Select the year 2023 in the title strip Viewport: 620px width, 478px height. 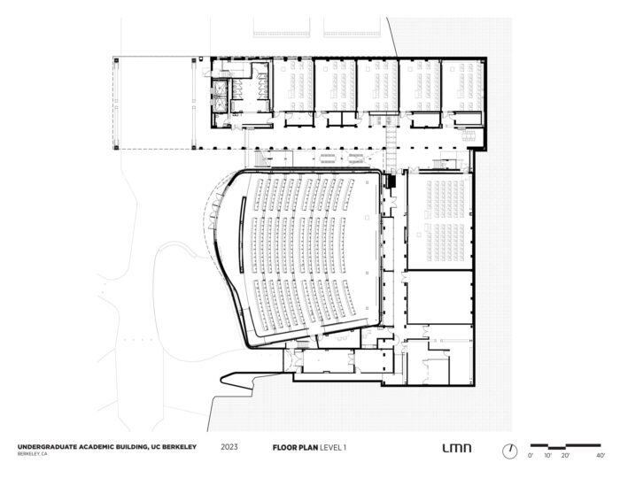pos(229,447)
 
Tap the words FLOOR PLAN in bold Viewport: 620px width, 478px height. pos(295,448)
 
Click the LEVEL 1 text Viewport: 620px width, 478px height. pos(333,448)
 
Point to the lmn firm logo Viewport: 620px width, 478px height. pos(457,448)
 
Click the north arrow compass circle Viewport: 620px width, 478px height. pos(509,451)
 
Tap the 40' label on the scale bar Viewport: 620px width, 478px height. pos(601,456)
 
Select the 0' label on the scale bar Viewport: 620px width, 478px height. pos(531,456)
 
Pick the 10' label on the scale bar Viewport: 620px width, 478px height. pos(547,456)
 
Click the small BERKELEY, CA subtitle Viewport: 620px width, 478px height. pos(32,454)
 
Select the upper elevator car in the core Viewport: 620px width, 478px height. pos(220,89)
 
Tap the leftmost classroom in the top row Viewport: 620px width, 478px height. pos(293,85)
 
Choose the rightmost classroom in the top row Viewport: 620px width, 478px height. pos(462,85)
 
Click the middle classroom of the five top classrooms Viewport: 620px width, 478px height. pos(377,85)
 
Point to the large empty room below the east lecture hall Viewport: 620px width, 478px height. pos(439,297)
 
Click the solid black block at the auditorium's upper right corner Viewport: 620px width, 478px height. pos(391,181)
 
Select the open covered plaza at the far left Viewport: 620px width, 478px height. pos(155,103)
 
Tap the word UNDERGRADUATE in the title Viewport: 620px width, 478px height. pos(47,447)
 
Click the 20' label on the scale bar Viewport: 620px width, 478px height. pos(565,456)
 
